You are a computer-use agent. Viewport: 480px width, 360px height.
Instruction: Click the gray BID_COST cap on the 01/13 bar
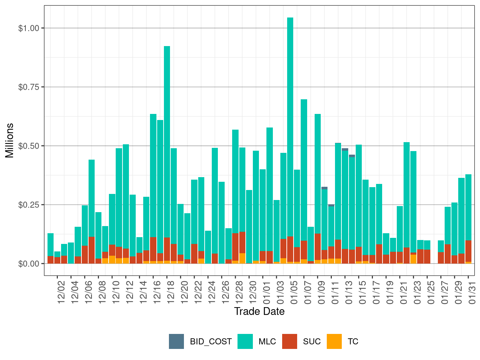[x=345, y=149]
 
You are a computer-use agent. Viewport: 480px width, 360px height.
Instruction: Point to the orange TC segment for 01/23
[x=413, y=259]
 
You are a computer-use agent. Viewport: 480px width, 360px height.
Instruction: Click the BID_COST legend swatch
[x=176, y=341]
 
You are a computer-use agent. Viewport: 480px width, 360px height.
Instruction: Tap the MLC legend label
[x=267, y=341]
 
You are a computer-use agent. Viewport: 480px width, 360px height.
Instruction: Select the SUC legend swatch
[x=290, y=341]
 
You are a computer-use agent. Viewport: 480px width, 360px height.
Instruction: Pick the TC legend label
[x=353, y=341]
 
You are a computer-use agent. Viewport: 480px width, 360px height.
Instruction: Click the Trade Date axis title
[x=259, y=311]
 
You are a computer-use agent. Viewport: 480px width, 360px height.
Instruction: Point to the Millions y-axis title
[x=10, y=140]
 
